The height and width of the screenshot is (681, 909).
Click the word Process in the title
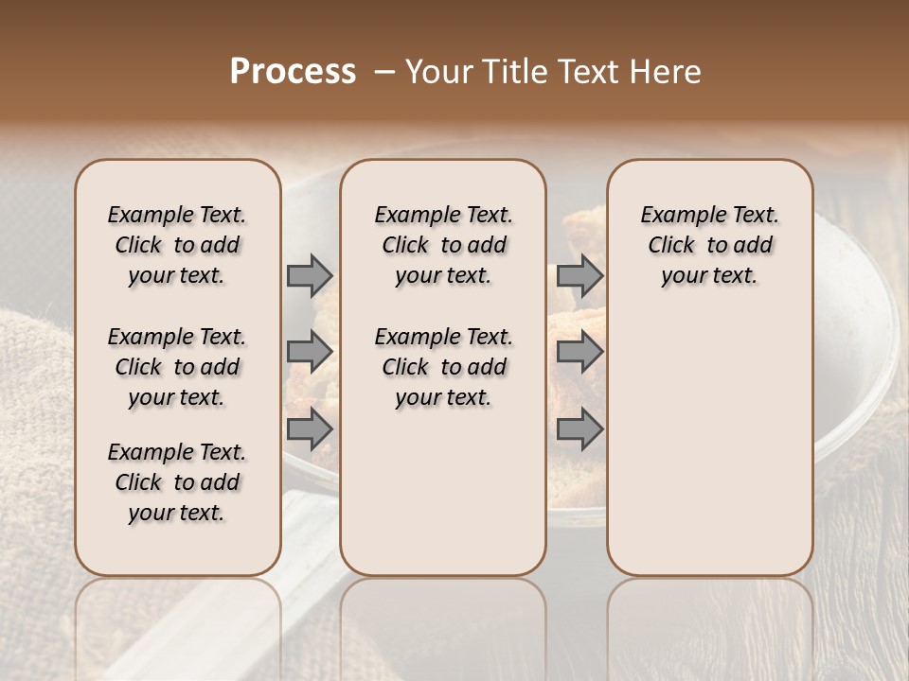coord(293,72)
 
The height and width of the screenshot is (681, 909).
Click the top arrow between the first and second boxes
coord(310,275)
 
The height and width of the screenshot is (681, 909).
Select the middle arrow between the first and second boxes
coord(310,352)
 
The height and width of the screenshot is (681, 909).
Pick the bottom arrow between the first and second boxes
coord(310,428)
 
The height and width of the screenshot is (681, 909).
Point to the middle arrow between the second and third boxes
coord(579,352)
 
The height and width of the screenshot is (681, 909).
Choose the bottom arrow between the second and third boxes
coord(579,428)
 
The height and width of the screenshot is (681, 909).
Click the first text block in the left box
coord(177,245)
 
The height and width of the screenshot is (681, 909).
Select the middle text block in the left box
coord(177,367)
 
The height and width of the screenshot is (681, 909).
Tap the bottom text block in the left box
coord(177,482)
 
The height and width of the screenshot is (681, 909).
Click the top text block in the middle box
coord(443,245)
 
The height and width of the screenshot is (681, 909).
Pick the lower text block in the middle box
coord(443,367)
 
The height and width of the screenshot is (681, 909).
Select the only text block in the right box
coord(709,245)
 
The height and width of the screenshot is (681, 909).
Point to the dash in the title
coord(384,72)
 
